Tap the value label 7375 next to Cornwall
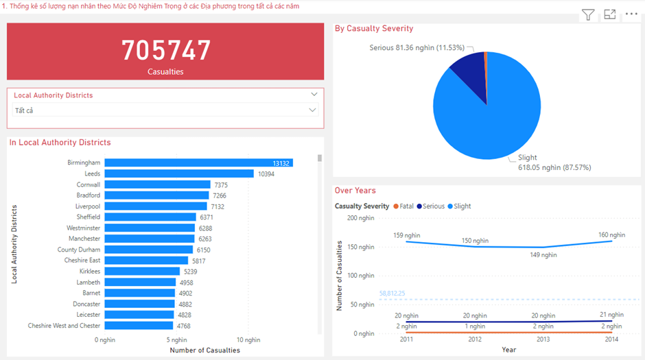(221, 185)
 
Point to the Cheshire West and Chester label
(64, 326)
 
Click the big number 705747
(166, 51)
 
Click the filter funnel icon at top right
(588, 14)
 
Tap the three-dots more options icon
(631, 14)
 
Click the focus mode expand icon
(609, 14)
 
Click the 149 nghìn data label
(544, 255)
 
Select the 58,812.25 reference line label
(392, 293)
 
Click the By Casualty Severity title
(374, 29)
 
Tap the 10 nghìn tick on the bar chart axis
(248, 339)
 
